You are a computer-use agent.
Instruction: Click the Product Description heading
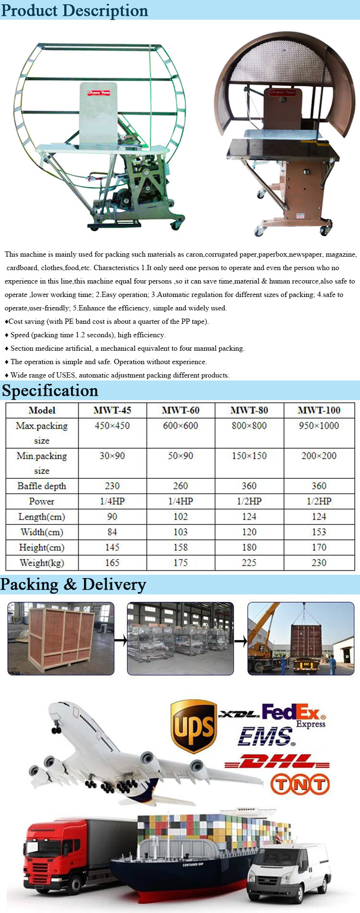click(75, 10)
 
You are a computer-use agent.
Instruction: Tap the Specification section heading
click(50, 391)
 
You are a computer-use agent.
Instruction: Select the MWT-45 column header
click(112, 410)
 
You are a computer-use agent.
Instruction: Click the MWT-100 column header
click(319, 410)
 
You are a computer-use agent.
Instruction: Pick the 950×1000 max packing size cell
click(319, 426)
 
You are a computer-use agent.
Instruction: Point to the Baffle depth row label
click(42, 486)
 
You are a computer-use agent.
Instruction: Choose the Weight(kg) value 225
click(249, 563)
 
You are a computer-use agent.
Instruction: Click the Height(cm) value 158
click(180, 547)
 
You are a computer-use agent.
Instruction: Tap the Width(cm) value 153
click(319, 532)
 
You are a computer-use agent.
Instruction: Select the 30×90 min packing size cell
click(112, 456)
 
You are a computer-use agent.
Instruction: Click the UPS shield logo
click(193, 725)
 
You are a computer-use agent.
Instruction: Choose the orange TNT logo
click(300, 785)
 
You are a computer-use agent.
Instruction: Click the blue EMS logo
click(266, 737)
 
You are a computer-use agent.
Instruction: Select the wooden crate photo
click(61, 639)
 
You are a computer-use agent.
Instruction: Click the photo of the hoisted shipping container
click(301, 639)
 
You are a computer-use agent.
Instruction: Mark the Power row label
click(42, 501)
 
